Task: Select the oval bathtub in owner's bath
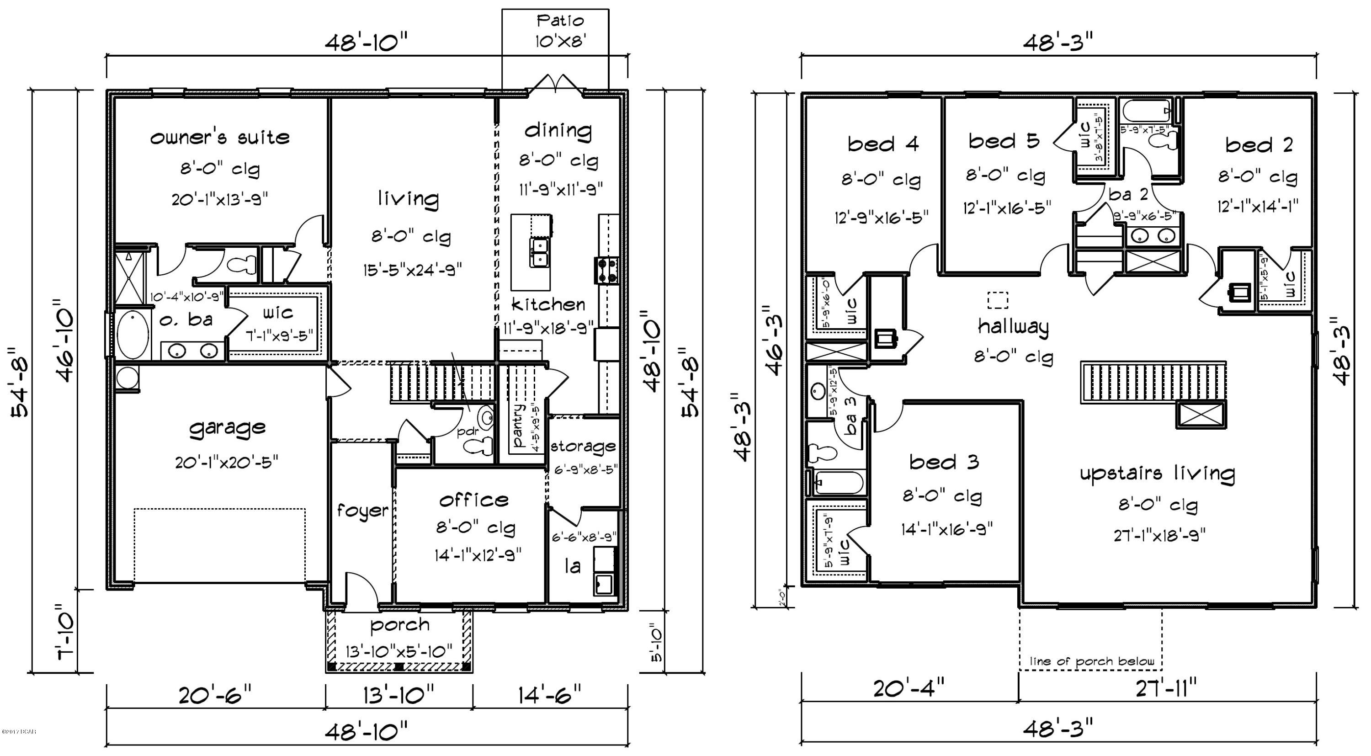133,335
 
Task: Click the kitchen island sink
539,252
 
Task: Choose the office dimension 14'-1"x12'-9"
478,555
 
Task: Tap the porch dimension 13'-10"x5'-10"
399,650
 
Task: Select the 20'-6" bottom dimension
214,695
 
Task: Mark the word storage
583,446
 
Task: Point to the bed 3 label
944,462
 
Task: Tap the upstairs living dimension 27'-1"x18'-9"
1159,534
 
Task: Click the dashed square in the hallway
997,300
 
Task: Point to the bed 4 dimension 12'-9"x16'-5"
881,217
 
